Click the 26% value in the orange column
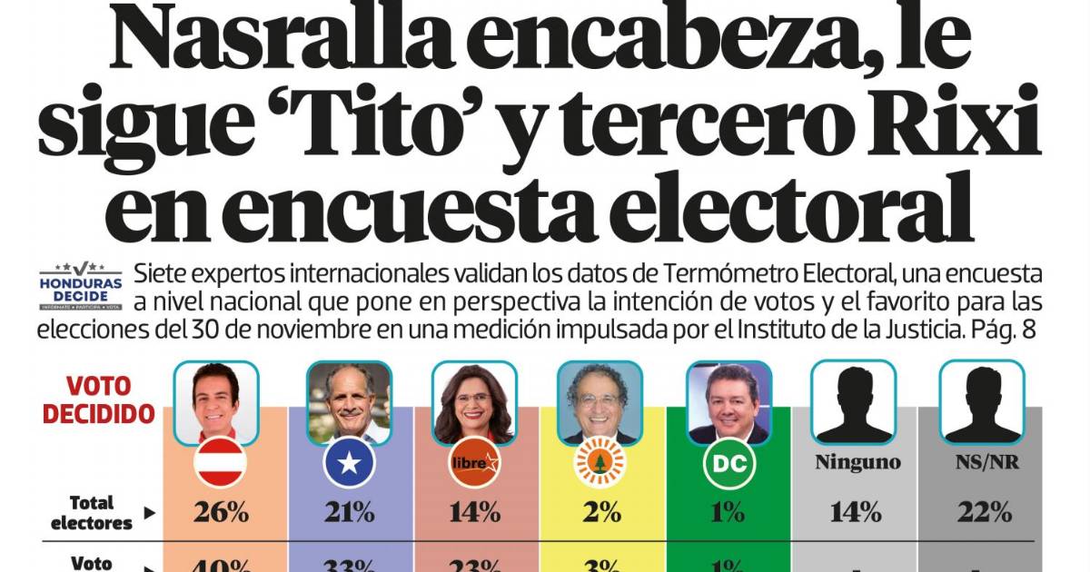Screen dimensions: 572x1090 [221, 512]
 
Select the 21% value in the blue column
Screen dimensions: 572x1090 [350, 512]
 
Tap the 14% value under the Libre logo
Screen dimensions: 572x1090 [475, 512]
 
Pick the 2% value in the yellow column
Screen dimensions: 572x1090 [600, 512]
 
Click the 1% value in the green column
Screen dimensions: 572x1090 [728, 512]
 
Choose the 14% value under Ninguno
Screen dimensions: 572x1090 [855, 512]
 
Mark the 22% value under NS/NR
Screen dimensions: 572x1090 [984, 512]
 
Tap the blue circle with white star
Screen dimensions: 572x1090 [350, 464]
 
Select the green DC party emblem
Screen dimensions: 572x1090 [728, 464]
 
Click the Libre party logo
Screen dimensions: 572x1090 [475, 464]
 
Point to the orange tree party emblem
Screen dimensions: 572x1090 [600, 464]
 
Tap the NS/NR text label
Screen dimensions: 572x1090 [984, 462]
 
